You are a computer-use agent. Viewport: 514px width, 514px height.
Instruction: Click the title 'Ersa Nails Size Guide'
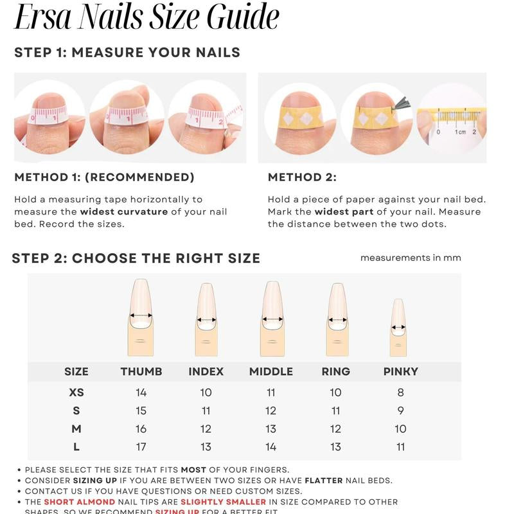click(146, 18)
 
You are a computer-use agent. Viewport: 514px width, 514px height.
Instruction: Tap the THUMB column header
click(141, 371)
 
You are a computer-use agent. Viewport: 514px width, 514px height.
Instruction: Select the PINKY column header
click(400, 371)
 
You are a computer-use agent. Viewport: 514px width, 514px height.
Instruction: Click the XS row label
click(76, 393)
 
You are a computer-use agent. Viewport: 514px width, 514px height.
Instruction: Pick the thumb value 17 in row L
click(141, 447)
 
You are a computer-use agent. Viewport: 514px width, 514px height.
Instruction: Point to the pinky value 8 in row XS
click(400, 393)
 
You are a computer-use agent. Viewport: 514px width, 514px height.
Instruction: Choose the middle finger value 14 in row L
click(271, 447)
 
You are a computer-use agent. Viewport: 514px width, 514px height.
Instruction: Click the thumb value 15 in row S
click(141, 411)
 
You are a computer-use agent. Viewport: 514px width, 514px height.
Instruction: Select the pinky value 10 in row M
click(400, 429)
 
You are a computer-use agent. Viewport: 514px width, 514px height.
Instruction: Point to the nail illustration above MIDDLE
click(272, 318)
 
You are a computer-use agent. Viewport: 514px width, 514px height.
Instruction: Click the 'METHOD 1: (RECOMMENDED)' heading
click(104, 177)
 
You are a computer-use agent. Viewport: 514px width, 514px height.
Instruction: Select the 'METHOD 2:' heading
click(302, 177)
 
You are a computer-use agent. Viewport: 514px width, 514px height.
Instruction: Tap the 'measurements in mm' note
click(411, 258)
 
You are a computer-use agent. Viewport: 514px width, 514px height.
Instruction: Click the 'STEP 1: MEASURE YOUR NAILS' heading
click(127, 53)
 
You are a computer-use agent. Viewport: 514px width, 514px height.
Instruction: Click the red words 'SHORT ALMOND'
click(79, 502)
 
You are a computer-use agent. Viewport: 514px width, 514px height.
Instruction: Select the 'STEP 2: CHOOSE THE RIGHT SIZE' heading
click(136, 258)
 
